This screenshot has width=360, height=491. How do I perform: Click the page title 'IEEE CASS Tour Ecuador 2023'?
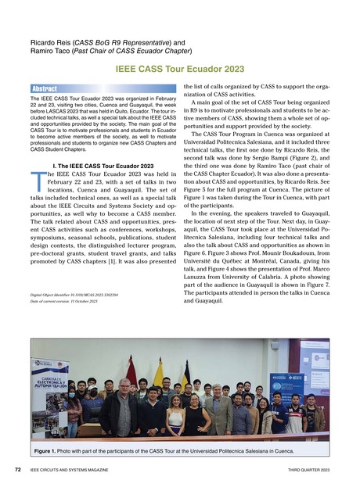coord(180,69)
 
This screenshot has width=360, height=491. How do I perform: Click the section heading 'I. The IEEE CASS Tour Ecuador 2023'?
coord(102,166)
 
